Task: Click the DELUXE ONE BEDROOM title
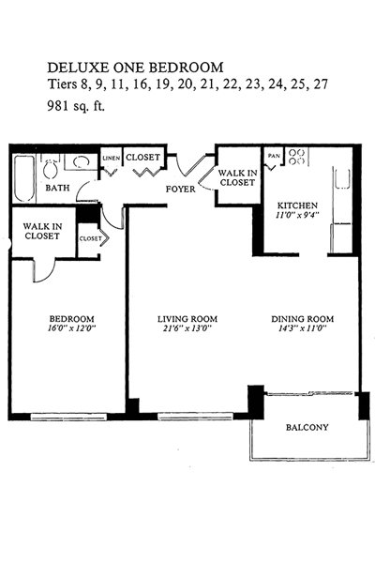coord(135,68)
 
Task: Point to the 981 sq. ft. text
coord(76,106)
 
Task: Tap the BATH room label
coord(58,188)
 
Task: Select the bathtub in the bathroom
coord(24,178)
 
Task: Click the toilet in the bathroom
coord(50,168)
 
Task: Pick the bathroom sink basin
coord(82,162)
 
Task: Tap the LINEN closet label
coord(112,159)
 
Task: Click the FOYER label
coord(181,189)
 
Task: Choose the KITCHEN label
coord(297,205)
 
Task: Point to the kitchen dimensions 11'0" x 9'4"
coord(297,215)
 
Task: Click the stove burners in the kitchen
coord(297,157)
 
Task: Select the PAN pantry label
coord(274,156)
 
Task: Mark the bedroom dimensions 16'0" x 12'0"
coord(72,328)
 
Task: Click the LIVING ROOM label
coord(187,319)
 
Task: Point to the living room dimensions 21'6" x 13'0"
coord(187,328)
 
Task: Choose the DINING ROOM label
coord(302,319)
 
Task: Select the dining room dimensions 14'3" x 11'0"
coord(302,328)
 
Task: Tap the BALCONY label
coord(307,427)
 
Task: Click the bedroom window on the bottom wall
coord(68,417)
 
